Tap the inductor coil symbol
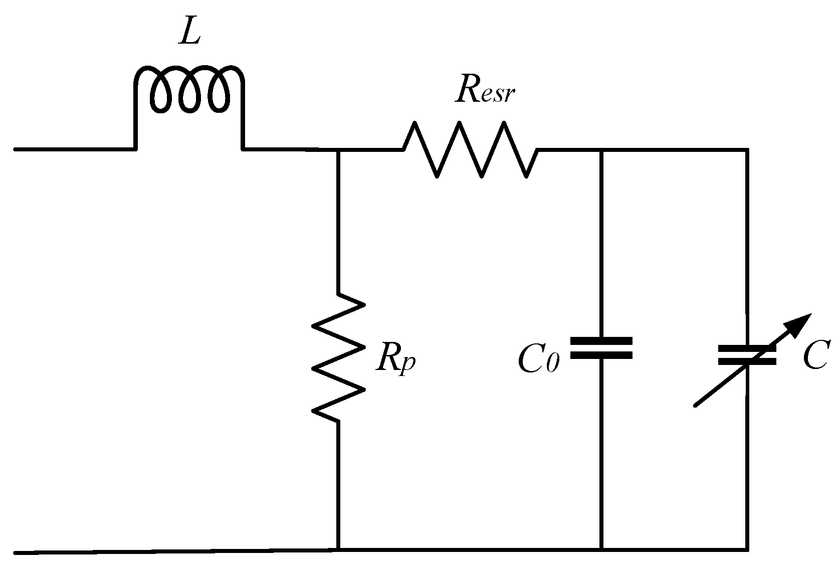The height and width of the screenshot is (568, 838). point(189,90)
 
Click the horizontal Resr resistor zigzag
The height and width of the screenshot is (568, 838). point(470,149)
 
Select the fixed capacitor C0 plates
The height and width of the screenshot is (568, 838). point(601,348)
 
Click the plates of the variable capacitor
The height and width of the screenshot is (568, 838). point(747,354)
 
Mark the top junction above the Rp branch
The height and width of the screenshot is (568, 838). point(339,149)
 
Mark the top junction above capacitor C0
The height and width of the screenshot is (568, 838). point(601,149)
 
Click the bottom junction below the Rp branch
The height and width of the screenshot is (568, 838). point(339,549)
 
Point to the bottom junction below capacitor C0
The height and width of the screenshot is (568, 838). point(601,549)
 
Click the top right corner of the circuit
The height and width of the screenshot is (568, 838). point(747,149)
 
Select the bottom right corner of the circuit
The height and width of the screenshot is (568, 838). point(747,549)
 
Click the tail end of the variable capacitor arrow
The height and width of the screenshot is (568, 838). point(696,405)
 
